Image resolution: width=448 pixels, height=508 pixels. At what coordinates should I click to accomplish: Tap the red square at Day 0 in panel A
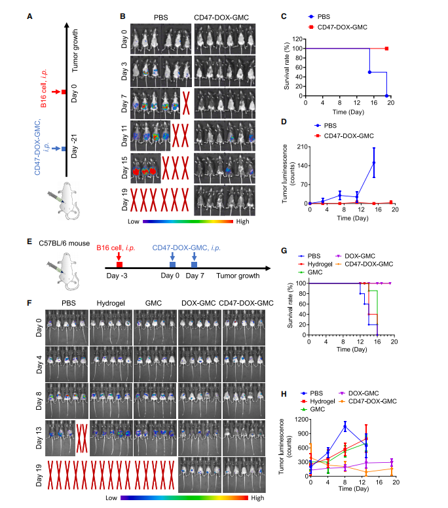(64, 92)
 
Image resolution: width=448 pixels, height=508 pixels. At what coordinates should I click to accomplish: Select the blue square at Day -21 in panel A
(64, 150)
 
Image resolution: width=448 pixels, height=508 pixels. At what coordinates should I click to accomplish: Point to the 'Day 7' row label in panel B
(123, 103)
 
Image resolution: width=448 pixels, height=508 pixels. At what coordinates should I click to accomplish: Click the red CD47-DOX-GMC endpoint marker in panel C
(387, 48)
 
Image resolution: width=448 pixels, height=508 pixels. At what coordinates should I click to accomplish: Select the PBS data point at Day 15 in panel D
(374, 162)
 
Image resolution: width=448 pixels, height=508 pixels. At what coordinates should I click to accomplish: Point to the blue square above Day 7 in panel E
(195, 265)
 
